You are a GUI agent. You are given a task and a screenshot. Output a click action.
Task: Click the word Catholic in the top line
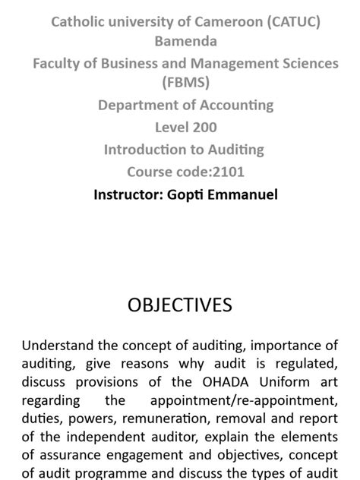tap(77, 21)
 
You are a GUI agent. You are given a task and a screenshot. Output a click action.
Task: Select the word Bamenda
tap(186, 41)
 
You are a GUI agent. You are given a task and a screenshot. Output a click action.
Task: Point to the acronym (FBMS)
tap(186, 83)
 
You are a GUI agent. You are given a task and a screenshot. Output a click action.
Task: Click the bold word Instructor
tap(126, 194)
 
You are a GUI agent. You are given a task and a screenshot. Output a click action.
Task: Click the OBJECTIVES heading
tap(180, 305)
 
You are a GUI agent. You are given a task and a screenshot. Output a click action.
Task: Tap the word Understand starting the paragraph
tap(59, 346)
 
